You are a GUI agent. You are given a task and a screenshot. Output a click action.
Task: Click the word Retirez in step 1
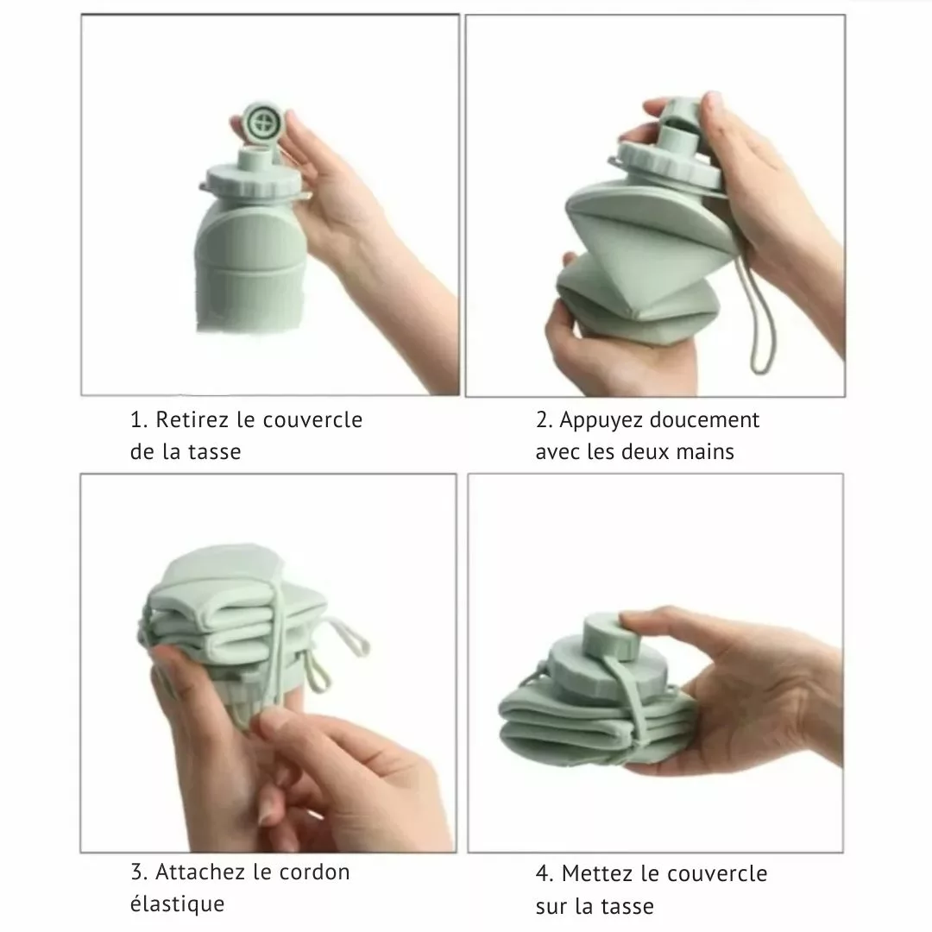(192, 419)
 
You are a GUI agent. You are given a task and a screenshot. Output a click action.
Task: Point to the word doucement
(705, 419)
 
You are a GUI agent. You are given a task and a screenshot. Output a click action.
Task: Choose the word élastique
(177, 904)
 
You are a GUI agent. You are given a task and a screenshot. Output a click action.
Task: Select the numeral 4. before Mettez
(544, 873)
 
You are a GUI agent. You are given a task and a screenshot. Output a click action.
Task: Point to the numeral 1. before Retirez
(138, 419)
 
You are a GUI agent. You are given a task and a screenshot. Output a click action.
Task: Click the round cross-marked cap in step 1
(262, 124)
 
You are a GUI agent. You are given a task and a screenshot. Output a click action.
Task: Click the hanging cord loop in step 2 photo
(759, 321)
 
